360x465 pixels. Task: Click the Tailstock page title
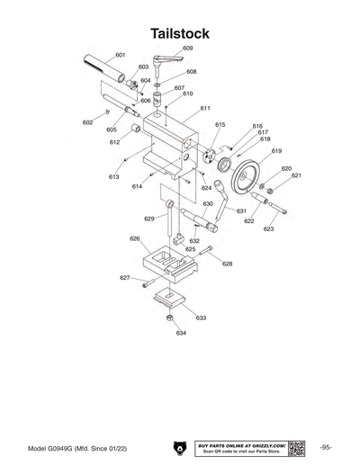click(x=180, y=33)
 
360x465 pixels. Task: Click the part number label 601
click(x=120, y=55)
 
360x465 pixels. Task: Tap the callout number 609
click(x=187, y=48)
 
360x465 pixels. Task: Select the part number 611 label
click(x=205, y=108)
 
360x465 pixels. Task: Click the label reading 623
click(x=268, y=228)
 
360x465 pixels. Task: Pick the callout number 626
click(x=134, y=238)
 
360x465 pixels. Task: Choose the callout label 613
click(x=114, y=177)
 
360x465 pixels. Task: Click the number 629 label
click(x=149, y=218)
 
